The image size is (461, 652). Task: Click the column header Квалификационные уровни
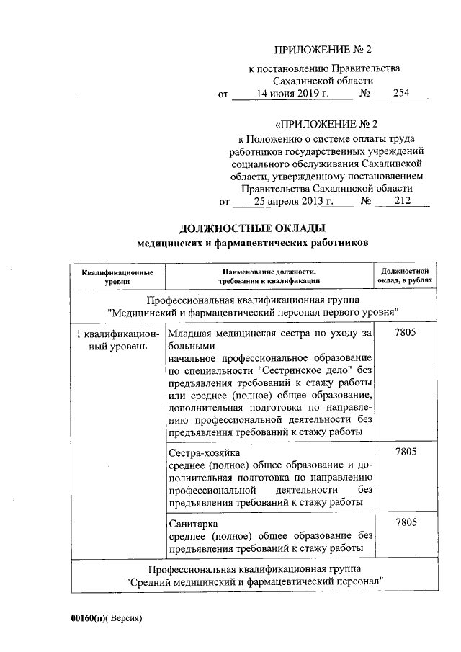coord(117,277)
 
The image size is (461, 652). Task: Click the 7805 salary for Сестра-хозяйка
coord(406,452)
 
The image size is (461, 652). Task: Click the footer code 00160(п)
coord(89,618)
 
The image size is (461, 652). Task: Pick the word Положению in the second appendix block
coord(278,137)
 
